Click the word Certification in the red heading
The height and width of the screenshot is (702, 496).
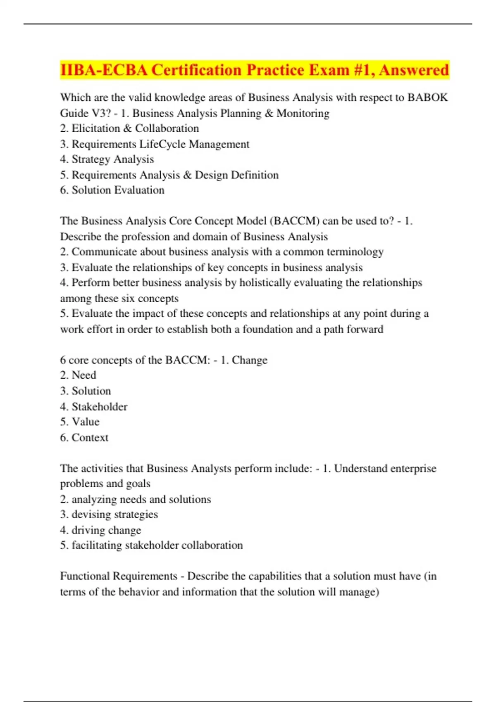coord(196,70)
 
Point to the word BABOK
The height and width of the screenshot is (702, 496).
coord(427,97)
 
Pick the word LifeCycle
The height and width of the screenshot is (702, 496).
coord(162,144)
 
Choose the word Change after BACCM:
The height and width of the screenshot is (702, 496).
coord(249,360)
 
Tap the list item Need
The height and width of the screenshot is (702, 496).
coord(84,375)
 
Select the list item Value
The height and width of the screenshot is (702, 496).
coord(86,422)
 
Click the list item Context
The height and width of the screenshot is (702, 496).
coord(90,438)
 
